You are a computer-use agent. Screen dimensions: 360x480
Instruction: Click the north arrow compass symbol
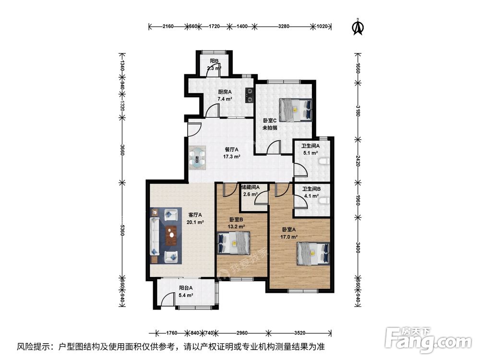pyautogui.click(x=357, y=27)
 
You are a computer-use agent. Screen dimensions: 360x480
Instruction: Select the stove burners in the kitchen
pyautogui.click(x=250, y=96)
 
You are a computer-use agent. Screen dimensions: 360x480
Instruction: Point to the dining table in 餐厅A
pyautogui.click(x=198, y=157)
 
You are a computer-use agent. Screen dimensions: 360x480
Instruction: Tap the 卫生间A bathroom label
pyautogui.click(x=310, y=146)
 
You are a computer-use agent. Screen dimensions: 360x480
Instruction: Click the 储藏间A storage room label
pyautogui.click(x=250, y=187)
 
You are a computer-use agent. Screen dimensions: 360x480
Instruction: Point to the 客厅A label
pyautogui.click(x=194, y=216)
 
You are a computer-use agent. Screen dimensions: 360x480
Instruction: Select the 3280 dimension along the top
pyautogui.click(x=284, y=26)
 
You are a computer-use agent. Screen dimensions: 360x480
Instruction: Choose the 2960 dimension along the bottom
pyautogui.click(x=241, y=332)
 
